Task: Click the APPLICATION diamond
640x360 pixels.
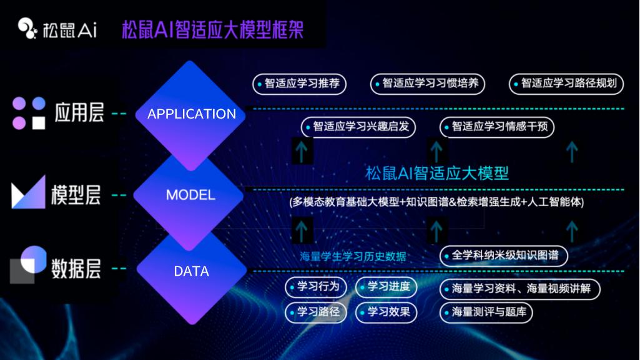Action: click(x=190, y=114)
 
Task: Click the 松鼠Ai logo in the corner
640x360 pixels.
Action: click(x=57, y=29)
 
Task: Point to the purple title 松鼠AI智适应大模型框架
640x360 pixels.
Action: click(x=213, y=29)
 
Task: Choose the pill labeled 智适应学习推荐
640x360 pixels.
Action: click(x=300, y=84)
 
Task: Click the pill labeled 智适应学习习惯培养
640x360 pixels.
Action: click(x=427, y=84)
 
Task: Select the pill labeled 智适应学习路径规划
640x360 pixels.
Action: click(x=566, y=84)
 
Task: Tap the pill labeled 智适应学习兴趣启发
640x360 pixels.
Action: click(x=358, y=127)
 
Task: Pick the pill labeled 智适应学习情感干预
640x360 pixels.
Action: click(x=497, y=127)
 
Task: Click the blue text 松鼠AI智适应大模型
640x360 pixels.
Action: click(x=436, y=173)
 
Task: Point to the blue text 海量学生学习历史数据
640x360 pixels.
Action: click(x=353, y=256)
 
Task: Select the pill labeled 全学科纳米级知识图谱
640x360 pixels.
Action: click(x=504, y=256)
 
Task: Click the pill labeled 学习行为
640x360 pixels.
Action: click(x=315, y=286)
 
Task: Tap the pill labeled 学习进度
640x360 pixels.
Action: click(x=386, y=286)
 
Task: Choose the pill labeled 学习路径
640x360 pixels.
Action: click(x=315, y=313)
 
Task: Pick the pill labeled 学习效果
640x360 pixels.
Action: click(x=386, y=313)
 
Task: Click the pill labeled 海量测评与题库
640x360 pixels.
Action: click(x=486, y=313)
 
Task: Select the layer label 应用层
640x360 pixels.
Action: click(x=79, y=113)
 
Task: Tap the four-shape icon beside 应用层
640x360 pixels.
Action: click(x=29, y=113)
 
